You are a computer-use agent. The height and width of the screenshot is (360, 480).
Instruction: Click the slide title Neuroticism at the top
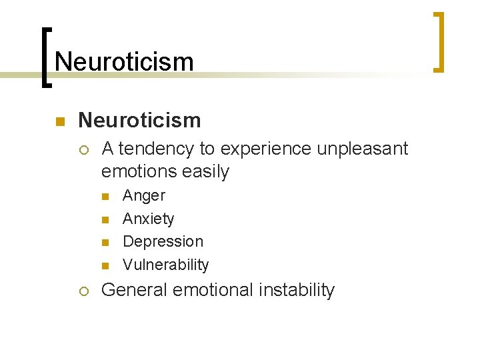(x=124, y=62)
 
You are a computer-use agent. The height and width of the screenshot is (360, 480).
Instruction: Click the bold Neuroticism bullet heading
(x=139, y=120)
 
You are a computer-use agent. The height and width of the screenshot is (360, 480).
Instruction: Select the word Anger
(x=144, y=196)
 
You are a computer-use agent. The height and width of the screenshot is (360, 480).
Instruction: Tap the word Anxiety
(x=149, y=219)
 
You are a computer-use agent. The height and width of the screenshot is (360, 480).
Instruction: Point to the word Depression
(x=163, y=241)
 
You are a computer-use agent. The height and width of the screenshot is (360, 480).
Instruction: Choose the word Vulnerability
(x=166, y=265)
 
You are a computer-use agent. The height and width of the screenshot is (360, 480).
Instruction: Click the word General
(x=134, y=290)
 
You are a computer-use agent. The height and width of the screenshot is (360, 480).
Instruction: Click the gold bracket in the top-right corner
(x=439, y=41)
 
